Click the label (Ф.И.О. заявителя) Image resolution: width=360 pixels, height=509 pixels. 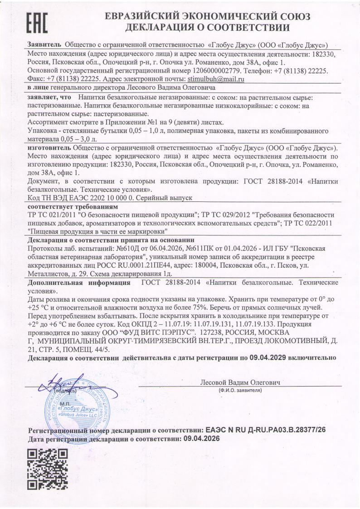click(x=240, y=390)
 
